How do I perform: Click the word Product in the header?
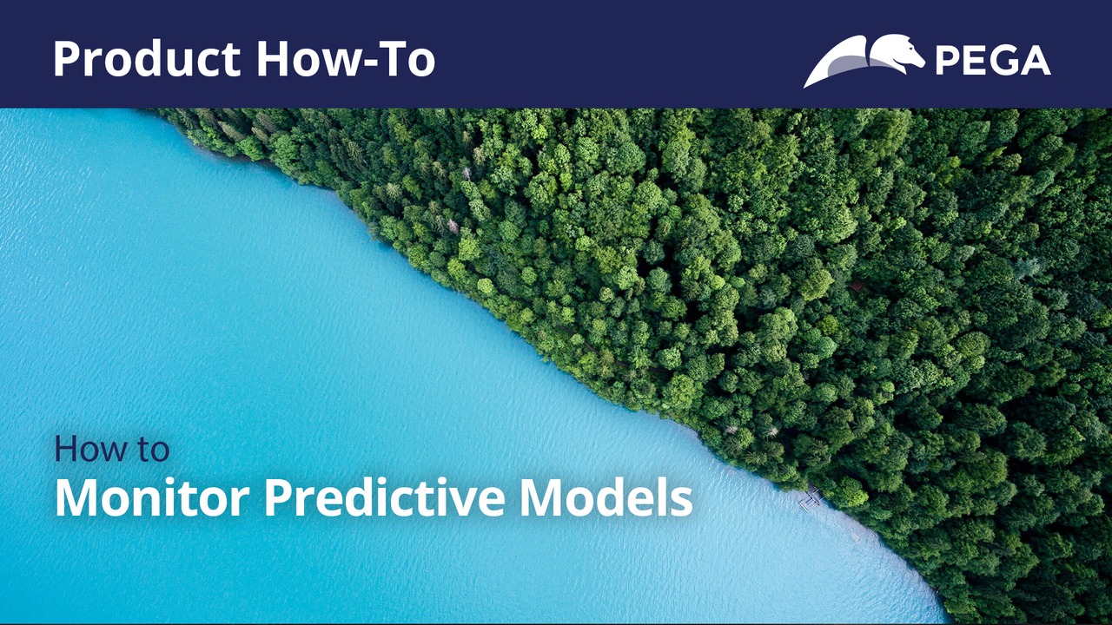[147, 59]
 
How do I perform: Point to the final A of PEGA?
[1035, 61]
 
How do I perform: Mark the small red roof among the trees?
[857, 286]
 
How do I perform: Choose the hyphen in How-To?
[354, 62]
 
